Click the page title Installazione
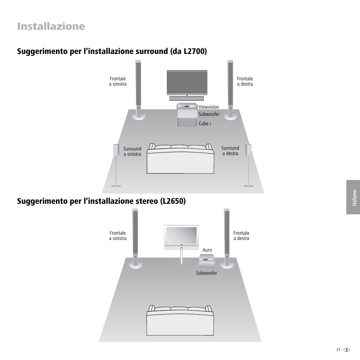(51, 26)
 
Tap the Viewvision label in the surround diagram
(209, 107)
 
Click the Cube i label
(205, 123)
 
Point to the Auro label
(207, 250)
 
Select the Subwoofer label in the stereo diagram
(206, 273)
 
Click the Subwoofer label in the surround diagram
(209, 114)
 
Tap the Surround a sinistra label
(132, 151)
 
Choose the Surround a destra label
(230, 151)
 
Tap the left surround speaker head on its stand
(116, 149)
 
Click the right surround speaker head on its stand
(248, 149)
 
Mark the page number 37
(338, 349)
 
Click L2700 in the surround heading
(194, 51)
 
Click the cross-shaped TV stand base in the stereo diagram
(182, 264)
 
